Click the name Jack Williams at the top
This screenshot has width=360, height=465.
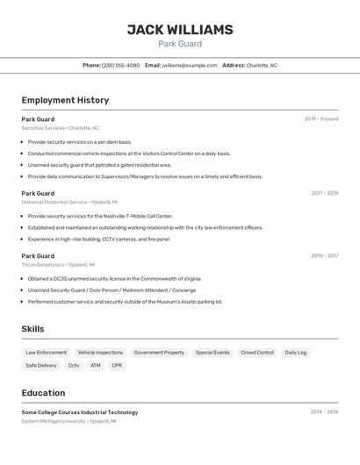pyautogui.click(x=180, y=30)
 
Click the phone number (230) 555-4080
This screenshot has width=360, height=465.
pyautogui.click(x=120, y=65)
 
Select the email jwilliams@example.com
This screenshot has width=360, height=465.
pyautogui.click(x=190, y=65)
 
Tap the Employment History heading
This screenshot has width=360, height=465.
pyautogui.click(x=65, y=100)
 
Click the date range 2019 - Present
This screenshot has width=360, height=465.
pyautogui.click(x=320, y=119)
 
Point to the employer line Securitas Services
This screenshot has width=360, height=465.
pyautogui.click(x=61, y=128)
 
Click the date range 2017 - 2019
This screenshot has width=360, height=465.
pyautogui.click(x=324, y=193)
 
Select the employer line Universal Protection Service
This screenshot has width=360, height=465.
pyautogui.click(x=69, y=202)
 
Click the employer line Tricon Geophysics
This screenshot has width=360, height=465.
pyautogui.click(x=58, y=264)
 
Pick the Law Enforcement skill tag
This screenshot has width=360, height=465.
pyautogui.click(x=46, y=353)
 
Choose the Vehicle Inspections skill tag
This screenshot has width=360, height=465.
pyautogui.click(x=100, y=353)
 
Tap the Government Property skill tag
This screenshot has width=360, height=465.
pyautogui.click(x=159, y=353)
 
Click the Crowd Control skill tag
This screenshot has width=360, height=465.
pyautogui.click(x=257, y=353)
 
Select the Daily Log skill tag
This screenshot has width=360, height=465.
pyautogui.click(x=296, y=353)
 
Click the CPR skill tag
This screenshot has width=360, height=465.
pyautogui.click(x=117, y=365)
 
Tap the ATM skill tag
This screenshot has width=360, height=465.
pyautogui.click(x=95, y=365)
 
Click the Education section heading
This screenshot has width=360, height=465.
pyautogui.click(x=43, y=393)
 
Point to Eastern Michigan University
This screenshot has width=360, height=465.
pyautogui.click(x=68, y=421)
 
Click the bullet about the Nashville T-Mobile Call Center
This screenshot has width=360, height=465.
pyautogui.click(x=100, y=216)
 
